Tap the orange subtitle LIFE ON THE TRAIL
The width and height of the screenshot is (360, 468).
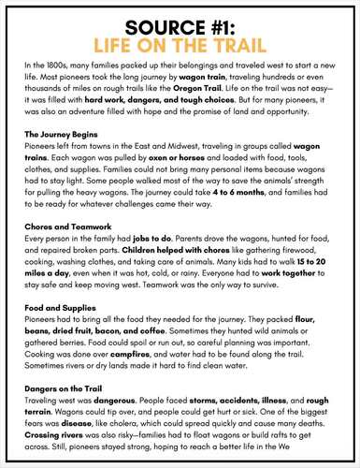coord(180,43)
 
